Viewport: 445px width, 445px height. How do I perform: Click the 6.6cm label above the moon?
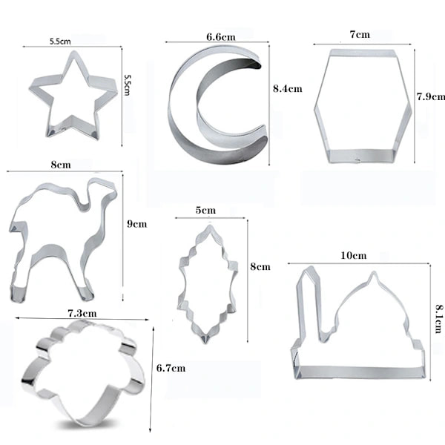pos(221,37)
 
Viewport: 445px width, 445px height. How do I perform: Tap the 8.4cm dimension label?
pos(288,89)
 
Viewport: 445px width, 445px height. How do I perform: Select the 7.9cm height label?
pos(430,96)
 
